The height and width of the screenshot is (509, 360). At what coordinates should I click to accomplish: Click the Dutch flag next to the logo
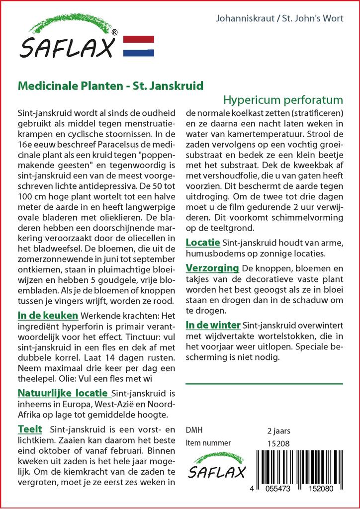click(138, 45)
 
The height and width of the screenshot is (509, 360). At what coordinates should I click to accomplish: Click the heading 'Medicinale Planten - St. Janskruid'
click(110, 85)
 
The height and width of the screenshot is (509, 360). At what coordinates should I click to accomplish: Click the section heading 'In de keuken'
click(48, 315)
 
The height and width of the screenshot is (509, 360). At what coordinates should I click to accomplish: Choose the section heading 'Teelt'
click(30, 429)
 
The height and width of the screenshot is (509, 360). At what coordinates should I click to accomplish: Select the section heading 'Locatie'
click(203, 243)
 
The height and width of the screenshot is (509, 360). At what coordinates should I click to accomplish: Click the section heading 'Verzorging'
click(212, 268)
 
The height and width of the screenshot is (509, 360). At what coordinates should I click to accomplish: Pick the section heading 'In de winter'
click(213, 325)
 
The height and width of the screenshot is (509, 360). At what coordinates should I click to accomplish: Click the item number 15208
click(278, 443)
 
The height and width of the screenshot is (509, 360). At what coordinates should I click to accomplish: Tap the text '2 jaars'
click(278, 430)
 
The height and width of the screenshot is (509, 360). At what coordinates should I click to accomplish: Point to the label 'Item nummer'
click(208, 443)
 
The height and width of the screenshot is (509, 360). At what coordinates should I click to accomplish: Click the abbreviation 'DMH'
click(194, 430)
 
